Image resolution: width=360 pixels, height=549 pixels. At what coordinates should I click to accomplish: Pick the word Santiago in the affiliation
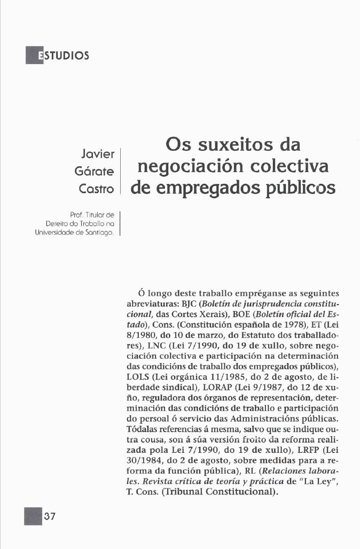click(103, 233)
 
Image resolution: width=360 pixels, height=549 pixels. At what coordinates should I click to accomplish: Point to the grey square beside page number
click(33, 516)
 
